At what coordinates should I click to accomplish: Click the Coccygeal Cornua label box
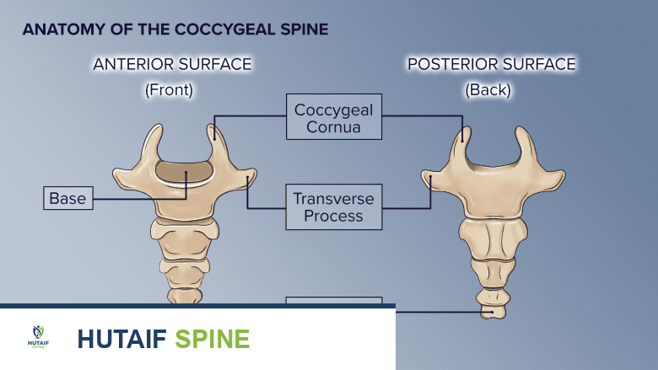tap(334, 116)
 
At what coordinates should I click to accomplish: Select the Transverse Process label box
tap(334, 206)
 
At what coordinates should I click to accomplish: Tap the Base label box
tap(68, 199)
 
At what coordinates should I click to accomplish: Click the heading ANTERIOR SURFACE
tap(172, 64)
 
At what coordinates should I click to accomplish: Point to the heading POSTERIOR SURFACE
tap(491, 64)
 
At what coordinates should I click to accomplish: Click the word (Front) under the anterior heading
tap(169, 88)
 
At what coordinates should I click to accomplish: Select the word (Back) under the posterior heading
tap(488, 88)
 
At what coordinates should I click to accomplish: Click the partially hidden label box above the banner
tap(334, 300)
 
